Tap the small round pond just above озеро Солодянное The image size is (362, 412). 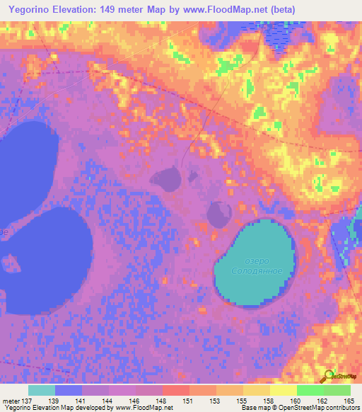click(x=218, y=211)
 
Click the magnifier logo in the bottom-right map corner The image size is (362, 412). click(x=328, y=376)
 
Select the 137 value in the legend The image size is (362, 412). click(x=26, y=401)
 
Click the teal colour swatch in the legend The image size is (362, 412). click(x=41, y=390)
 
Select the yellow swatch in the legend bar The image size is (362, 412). click(x=283, y=390)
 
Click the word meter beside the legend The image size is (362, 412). click(x=10, y=401)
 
